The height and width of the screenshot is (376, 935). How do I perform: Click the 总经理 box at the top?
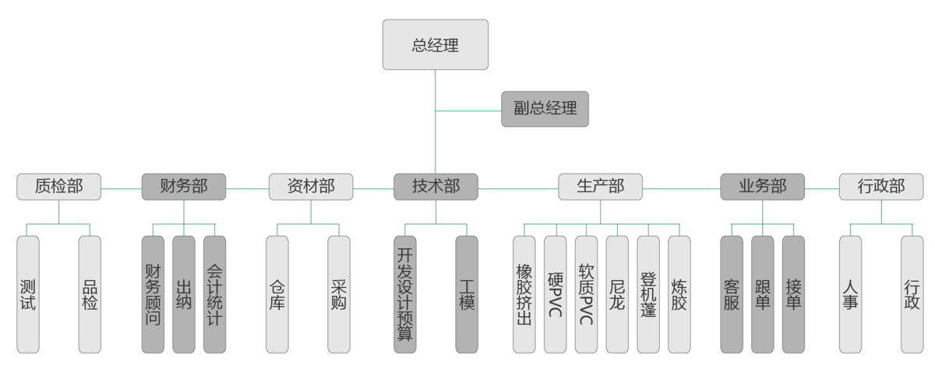(x=435, y=44)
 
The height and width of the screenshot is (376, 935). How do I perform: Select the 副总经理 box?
(x=545, y=109)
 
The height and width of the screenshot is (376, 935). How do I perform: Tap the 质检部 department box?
(x=59, y=187)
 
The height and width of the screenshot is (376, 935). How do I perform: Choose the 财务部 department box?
(x=184, y=187)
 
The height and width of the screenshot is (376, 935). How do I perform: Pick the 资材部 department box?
(x=311, y=187)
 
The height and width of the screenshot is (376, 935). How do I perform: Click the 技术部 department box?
(x=436, y=187)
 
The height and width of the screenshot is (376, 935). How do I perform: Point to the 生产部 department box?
(x=600, y=187)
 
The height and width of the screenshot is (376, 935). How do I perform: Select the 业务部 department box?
(x=763, y=187)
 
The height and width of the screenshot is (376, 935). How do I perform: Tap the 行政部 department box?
(x=881, y=187)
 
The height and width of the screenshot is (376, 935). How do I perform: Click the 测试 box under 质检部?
(x=28, y=294)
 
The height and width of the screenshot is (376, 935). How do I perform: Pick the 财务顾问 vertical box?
(x=153, y=294)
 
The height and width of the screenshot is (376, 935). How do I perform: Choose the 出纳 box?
(x=184, y=294)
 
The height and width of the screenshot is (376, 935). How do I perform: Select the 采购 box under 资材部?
(x=339, y=294)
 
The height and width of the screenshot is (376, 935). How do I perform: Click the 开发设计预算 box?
(x=405, y=294)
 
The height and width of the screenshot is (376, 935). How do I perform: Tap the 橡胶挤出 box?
(x=524, y=294)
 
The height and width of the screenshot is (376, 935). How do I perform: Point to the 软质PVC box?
(x=586, y=294)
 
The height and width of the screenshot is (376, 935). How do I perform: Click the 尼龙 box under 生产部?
(x=617, y=294)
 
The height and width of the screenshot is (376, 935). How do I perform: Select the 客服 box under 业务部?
(x=732, y=294)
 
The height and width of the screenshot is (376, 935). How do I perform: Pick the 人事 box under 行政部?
(x=850, y=294)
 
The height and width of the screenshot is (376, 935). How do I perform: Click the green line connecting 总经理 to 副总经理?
(x=467, y=111)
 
